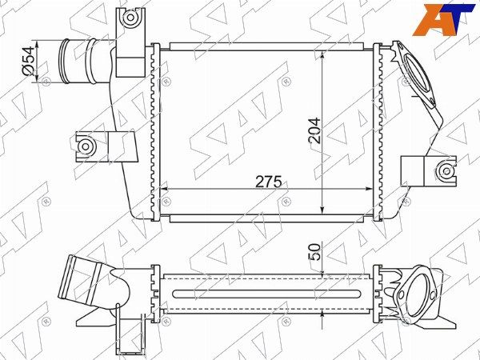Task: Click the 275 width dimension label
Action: (x=269, y=182)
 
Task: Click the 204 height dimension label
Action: (x=314, y=130)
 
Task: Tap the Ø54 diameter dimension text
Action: (x=29, y=61)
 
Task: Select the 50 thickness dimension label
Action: (x=314, y=252)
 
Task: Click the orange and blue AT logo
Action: (x=443, y=20)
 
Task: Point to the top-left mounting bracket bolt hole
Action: (x=130, y=17)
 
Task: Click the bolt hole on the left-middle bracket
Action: (x=86, y=146)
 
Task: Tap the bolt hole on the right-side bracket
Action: (x=446, y=171)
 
